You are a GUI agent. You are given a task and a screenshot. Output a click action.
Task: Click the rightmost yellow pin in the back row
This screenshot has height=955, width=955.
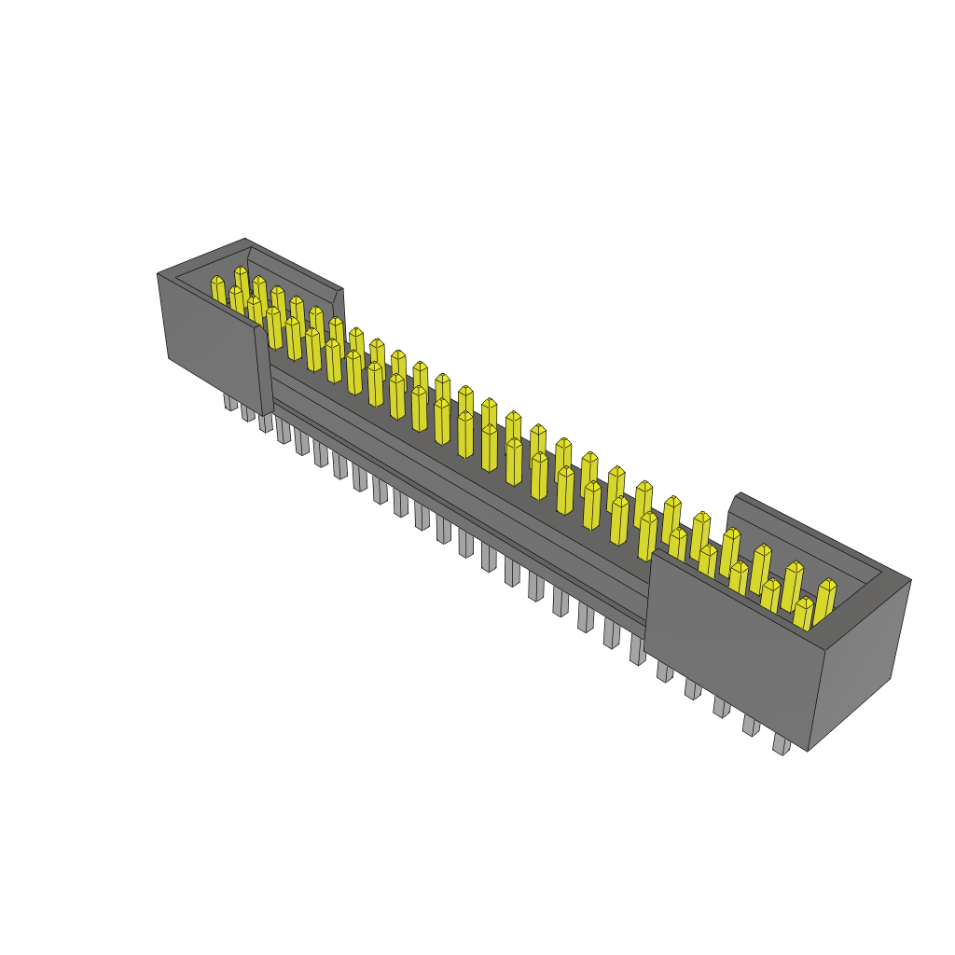pos(824,601)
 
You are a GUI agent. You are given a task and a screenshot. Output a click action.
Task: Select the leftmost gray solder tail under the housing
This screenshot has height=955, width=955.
pos(228,402)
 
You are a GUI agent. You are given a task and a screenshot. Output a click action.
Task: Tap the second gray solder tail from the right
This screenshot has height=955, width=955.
pos(751,725)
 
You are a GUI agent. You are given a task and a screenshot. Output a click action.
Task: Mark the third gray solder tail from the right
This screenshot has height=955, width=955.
pos(721,707)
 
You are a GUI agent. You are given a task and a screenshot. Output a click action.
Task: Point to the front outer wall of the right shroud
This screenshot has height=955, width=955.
pos(727,653)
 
